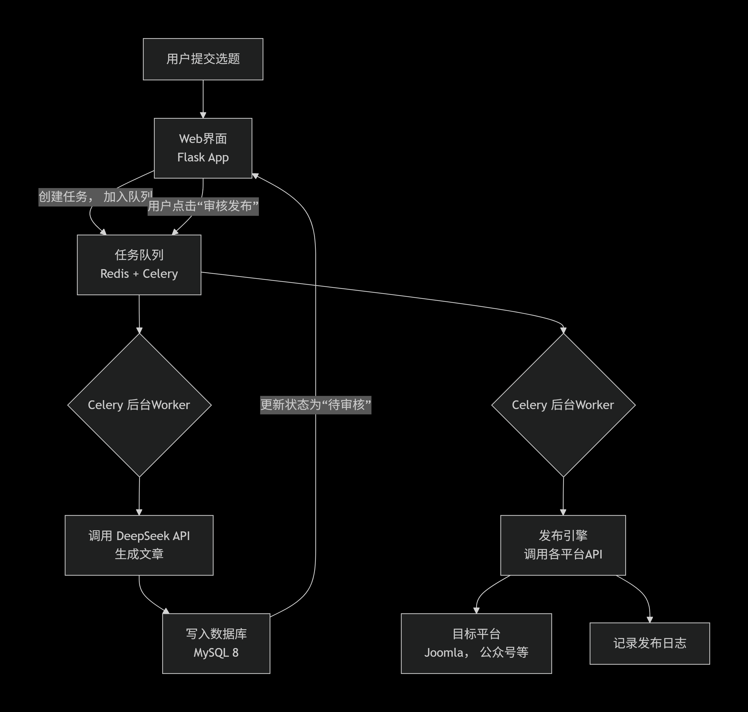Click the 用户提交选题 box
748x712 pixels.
click(x=203, y=59)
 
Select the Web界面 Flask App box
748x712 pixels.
click(x=203, y=148)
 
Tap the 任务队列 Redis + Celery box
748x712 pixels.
click(x=139, y=265)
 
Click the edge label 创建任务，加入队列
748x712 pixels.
click(x=95, y=196)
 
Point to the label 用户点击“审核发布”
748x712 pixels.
click(x=203, y=206)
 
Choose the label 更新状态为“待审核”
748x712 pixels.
click(x=315, y=404)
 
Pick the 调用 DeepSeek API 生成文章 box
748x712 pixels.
click(x=139, y=545)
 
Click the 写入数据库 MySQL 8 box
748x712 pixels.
click(x=216, y=643)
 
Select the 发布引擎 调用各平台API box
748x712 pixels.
click(x=563, y=545)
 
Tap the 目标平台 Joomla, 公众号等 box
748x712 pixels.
click(x=476, y=643)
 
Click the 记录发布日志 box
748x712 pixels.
click(x=649, y=643)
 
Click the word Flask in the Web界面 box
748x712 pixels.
click(x=191, y=157)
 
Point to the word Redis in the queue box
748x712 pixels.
click(x=115, y=274)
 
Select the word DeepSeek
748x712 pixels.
click(x=143, y=536)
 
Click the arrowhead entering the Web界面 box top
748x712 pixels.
click(x=203, y=115)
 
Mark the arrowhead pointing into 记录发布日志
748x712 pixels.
click(x=649, y=619)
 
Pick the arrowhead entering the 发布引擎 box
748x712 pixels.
click(x=563, y=512)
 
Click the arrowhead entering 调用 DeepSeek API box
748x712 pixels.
click(x=139, y=512)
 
